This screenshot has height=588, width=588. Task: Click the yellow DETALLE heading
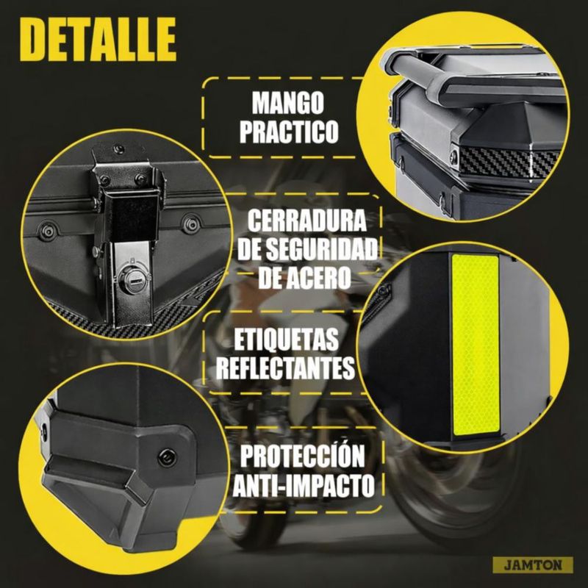[98, 39]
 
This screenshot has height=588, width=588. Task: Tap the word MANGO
[287, 102]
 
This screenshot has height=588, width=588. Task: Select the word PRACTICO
[289, 131]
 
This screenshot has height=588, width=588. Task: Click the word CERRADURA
[306, 220]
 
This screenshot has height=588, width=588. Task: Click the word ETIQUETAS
[286, 339]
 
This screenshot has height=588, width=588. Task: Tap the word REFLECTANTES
[285, 368]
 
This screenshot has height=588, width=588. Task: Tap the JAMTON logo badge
[533, 565]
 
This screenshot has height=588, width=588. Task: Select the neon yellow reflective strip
[476, 345]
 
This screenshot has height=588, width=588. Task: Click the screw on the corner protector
[167, 457]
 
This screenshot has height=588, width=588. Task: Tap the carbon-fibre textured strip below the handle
[510, 162]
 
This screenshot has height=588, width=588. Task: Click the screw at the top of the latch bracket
[119, 148]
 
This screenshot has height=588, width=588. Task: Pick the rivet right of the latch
[191, 224]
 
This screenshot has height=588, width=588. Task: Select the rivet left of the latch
[49, 230]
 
